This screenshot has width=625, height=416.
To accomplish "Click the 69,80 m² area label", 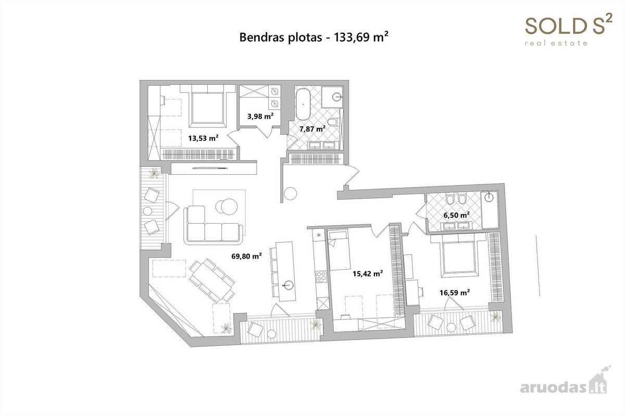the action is (x=246, y=256).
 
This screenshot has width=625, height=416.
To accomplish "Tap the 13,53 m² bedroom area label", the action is (x=203, y=138).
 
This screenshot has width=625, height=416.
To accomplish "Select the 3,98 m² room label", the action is (x=260, y=116).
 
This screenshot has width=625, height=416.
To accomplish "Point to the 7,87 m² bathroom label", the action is (x=312, y=129).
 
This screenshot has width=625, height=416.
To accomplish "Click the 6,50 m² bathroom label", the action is (x=456, y=215).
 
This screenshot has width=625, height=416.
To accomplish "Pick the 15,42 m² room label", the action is (x=368, y=274).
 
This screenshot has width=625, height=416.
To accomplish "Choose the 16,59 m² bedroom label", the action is (x=455, y=293).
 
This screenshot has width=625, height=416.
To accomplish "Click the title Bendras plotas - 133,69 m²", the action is (x=314, y=37).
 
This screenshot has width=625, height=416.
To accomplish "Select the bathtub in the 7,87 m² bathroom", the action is (x=303, y=104).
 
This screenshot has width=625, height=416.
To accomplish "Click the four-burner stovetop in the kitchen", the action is (x=321, y=277).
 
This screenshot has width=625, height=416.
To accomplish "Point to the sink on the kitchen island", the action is (x=288, y=285).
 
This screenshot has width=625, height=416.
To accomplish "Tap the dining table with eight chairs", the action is (x=212, y=281).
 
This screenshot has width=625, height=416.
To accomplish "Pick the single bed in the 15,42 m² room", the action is (x=339, y=250).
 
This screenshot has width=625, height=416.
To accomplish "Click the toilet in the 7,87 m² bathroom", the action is (x=333, y=122).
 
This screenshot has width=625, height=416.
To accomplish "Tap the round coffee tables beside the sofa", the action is (x=227, y=206).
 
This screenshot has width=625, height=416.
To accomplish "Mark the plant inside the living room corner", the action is (x=226, y=328).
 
